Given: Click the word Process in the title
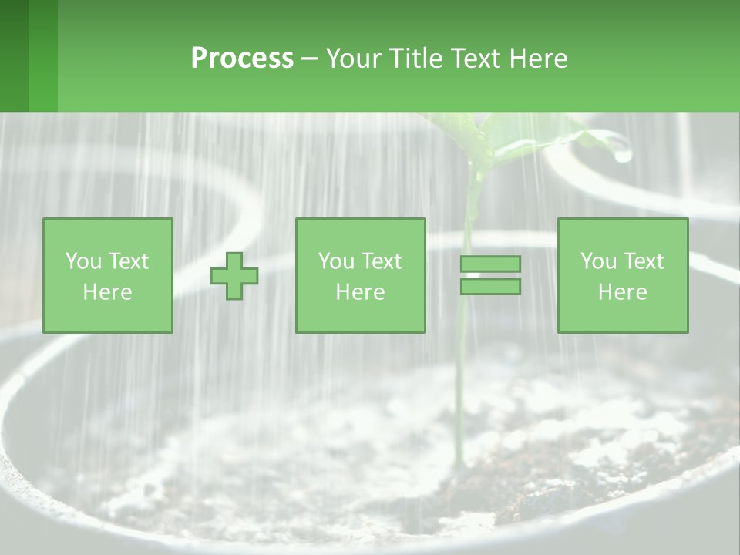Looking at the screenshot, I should coord(242,59).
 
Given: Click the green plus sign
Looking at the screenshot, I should coord(234,276).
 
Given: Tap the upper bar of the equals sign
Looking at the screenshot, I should coord(490,264).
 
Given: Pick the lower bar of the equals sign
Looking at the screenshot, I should coord(490,287).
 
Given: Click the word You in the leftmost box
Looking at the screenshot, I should coord(83,261).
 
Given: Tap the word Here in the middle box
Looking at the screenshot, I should coord(361,292).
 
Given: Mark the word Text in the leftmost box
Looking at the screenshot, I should coord(128,261).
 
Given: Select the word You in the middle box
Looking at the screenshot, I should coord(336,261).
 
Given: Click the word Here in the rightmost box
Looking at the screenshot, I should coord(623,292).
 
